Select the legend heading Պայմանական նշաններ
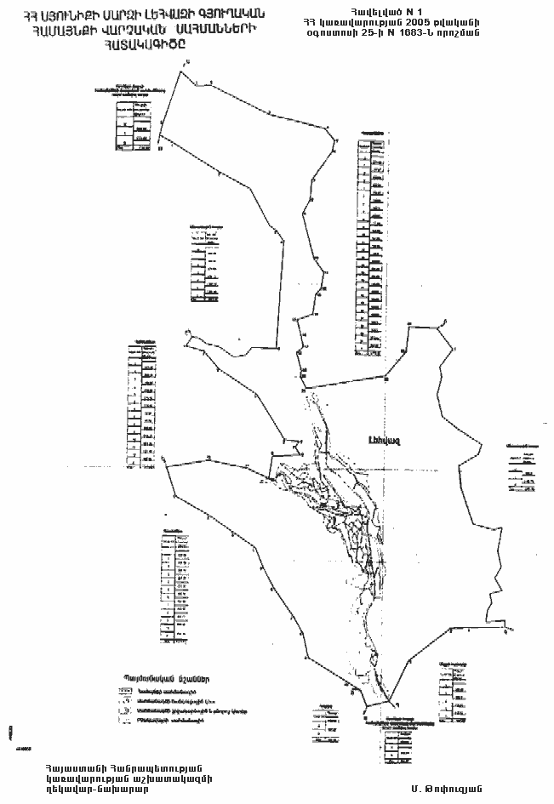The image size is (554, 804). (165, 678)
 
